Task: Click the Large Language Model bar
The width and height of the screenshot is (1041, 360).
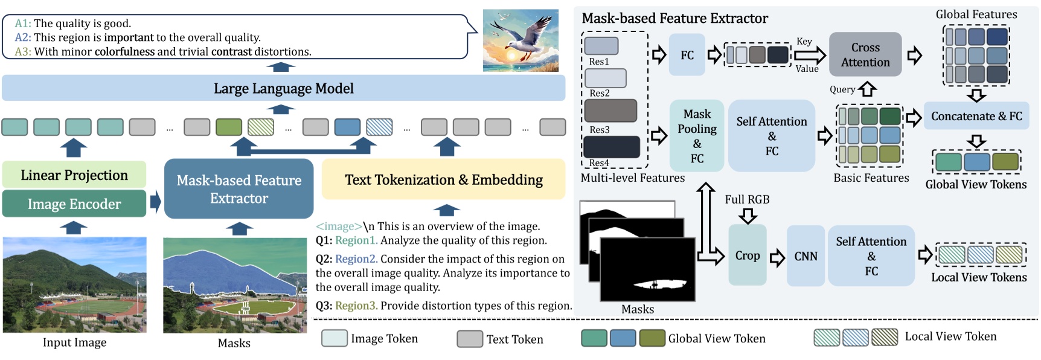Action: pyautogui.click(x=283, y=88)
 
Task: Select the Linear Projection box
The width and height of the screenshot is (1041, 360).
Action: pyautogui.click(x=74, y=175)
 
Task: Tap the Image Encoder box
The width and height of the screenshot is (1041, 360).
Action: pyautogui.click(x=74, y=204)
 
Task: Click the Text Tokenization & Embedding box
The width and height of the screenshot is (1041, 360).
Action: pyautogui.click(x=443, y=179)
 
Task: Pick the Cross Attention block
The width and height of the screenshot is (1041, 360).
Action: pyautogui.click(x=865, y=54)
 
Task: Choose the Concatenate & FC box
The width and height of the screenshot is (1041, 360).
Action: pyautogui.click(x=976, y=116)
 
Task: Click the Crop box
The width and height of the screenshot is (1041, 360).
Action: pyautogui.click(x=747, y=256)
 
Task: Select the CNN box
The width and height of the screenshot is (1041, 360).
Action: pyautogui.click(x=806, y=256)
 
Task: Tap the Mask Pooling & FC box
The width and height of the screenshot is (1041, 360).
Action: pyautogui.click(x=697, y=136)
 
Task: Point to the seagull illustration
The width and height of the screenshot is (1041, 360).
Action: pyautogui.click(x=520, y=40)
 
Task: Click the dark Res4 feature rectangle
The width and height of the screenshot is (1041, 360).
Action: pyautogui.click(x=611, y=147)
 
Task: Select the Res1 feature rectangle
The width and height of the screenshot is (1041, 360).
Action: pyautogui.click(x=601, y=46)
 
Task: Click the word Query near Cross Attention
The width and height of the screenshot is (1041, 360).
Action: pyautogui.click(x=842, y=89)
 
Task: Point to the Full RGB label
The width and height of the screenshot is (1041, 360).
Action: pyautogui.click(x=747, y=199)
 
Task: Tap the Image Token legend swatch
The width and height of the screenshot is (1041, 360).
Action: pyautogui.click(x=334, y=338)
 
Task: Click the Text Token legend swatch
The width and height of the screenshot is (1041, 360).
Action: pyautogui.click(x=469, y=339)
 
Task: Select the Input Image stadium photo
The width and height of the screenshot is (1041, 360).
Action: pyautogui.click(x=74, y=284)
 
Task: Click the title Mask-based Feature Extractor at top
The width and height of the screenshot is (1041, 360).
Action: pyautogui.click(x=674, y=18)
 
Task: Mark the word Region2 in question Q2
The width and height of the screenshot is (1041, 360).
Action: pyautogui.click(x=356, y=259)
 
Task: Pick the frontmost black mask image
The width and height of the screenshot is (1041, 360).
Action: pyautogui.click(x=647, y=269)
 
